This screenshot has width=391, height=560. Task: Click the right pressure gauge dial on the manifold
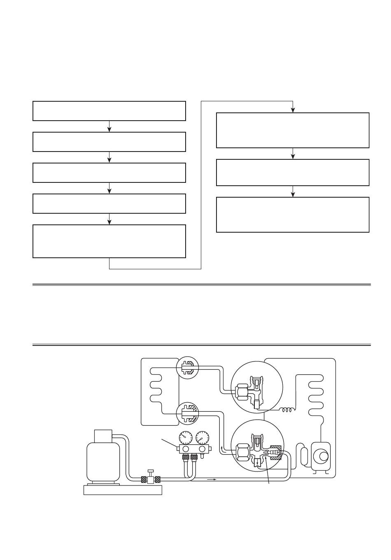[202, 437]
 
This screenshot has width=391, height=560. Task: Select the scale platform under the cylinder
[123, 490]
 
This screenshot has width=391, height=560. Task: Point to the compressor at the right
[321, 456]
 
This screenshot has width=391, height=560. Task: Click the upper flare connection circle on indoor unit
[187, 367]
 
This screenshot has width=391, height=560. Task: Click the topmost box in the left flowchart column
[109, 111]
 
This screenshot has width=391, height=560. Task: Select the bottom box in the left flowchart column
[109, 241]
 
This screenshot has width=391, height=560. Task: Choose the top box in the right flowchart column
[293, 130]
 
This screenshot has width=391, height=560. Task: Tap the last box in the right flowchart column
[293, 215]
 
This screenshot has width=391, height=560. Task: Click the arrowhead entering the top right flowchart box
[293, 110]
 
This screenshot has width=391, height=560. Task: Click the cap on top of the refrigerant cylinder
[103, 435]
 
